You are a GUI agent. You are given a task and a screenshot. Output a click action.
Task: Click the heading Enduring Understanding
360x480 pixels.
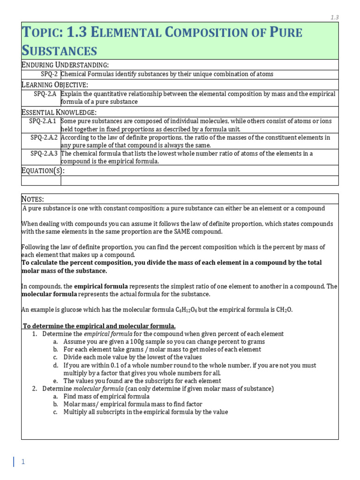click(65, 65)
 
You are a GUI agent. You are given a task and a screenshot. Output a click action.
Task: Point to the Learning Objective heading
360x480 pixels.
click(55, 84)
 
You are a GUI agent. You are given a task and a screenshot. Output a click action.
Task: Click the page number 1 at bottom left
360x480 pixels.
click(22, 462)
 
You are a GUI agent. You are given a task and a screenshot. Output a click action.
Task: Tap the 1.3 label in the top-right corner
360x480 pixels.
click(334, 17)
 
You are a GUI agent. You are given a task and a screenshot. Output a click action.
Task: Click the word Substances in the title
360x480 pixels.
click(60, 50)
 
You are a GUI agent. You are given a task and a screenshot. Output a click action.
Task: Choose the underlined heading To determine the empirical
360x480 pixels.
click(99, 326)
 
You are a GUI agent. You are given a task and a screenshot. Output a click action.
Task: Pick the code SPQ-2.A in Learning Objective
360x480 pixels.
click(45, 94)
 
